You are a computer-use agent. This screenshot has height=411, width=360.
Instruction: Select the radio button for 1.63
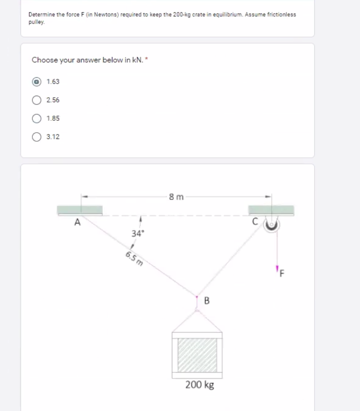(38, 82)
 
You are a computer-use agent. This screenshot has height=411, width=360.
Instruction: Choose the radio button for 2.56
(38, 100)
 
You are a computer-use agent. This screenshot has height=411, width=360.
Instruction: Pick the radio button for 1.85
(38, 119)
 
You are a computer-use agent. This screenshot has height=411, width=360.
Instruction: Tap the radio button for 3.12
(38, 137)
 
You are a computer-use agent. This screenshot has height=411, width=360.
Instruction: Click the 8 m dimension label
(176, 197)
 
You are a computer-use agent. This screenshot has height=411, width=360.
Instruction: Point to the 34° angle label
(138, 233)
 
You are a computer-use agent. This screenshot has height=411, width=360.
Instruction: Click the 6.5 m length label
(134, 259)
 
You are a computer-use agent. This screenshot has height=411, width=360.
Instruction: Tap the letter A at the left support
(77, 222)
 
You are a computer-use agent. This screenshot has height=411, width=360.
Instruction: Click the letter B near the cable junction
(207, 301)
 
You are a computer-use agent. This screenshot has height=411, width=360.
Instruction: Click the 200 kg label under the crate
(200, 385)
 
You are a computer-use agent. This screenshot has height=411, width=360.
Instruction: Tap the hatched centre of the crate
(197, 355)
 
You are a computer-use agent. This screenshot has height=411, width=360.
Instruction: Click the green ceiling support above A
(80, 210)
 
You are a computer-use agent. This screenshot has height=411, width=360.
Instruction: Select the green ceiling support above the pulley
(271, 210)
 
